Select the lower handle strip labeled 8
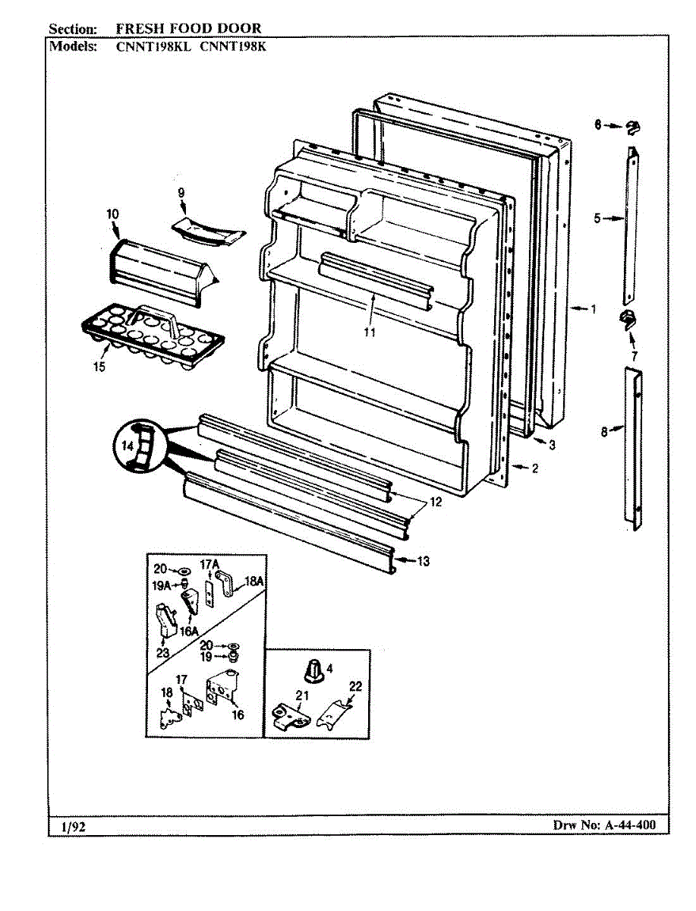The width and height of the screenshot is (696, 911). pos(633,444)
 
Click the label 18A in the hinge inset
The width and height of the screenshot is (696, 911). pos(253,583)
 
